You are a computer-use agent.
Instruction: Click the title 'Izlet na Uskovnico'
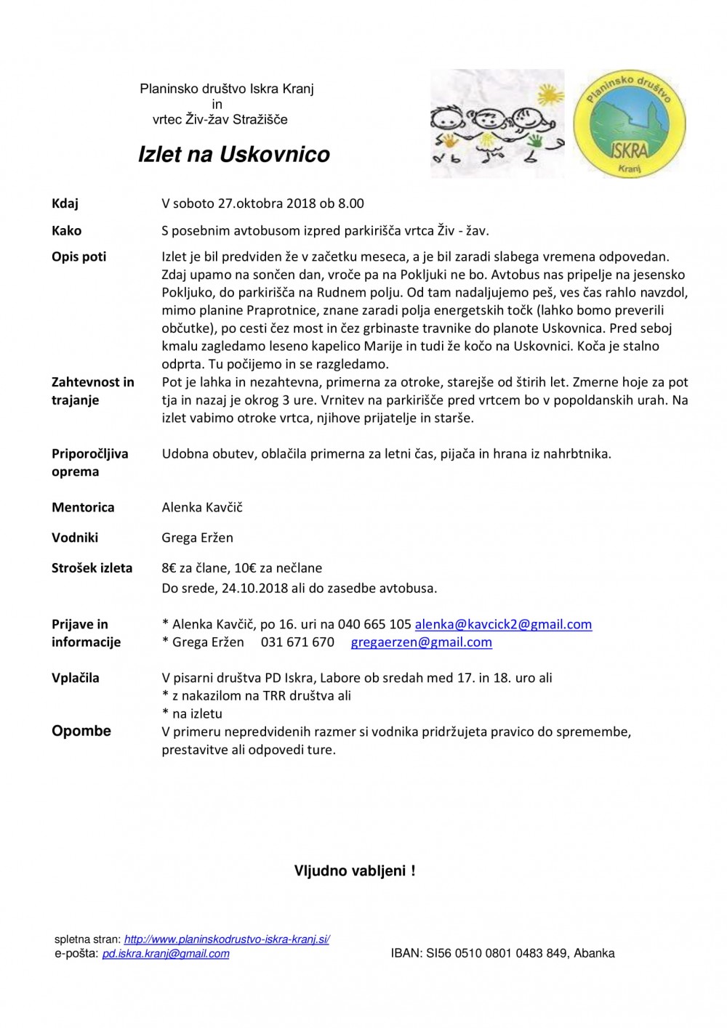click(234, 154)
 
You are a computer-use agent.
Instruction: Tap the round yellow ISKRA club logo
click(630, 124)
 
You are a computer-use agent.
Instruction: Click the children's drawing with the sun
click(497, 124)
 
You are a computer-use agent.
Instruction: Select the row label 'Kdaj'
click(65, 203)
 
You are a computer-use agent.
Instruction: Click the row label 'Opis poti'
click(79, 256)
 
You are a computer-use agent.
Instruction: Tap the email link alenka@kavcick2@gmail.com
click(503, 624)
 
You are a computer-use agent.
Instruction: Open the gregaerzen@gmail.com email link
click(421, 642)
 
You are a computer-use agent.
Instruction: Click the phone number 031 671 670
click(297, 642)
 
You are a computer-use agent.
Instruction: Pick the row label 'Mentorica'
click(83, 507)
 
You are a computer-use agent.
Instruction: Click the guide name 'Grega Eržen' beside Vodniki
click(197, 538)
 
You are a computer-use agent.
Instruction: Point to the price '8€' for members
click(169, 568)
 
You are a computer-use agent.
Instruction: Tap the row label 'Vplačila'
click(76, 678)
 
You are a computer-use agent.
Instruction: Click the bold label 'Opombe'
click(81, 731)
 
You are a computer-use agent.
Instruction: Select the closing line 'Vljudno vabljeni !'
click(355, 870)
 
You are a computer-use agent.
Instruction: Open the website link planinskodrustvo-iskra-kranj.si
click(227, 939)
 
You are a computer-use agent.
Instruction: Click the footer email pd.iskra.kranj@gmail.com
click(166, 953)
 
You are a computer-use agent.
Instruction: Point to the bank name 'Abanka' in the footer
click(594, 953)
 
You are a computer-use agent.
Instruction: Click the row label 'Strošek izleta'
click(92, 568)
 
